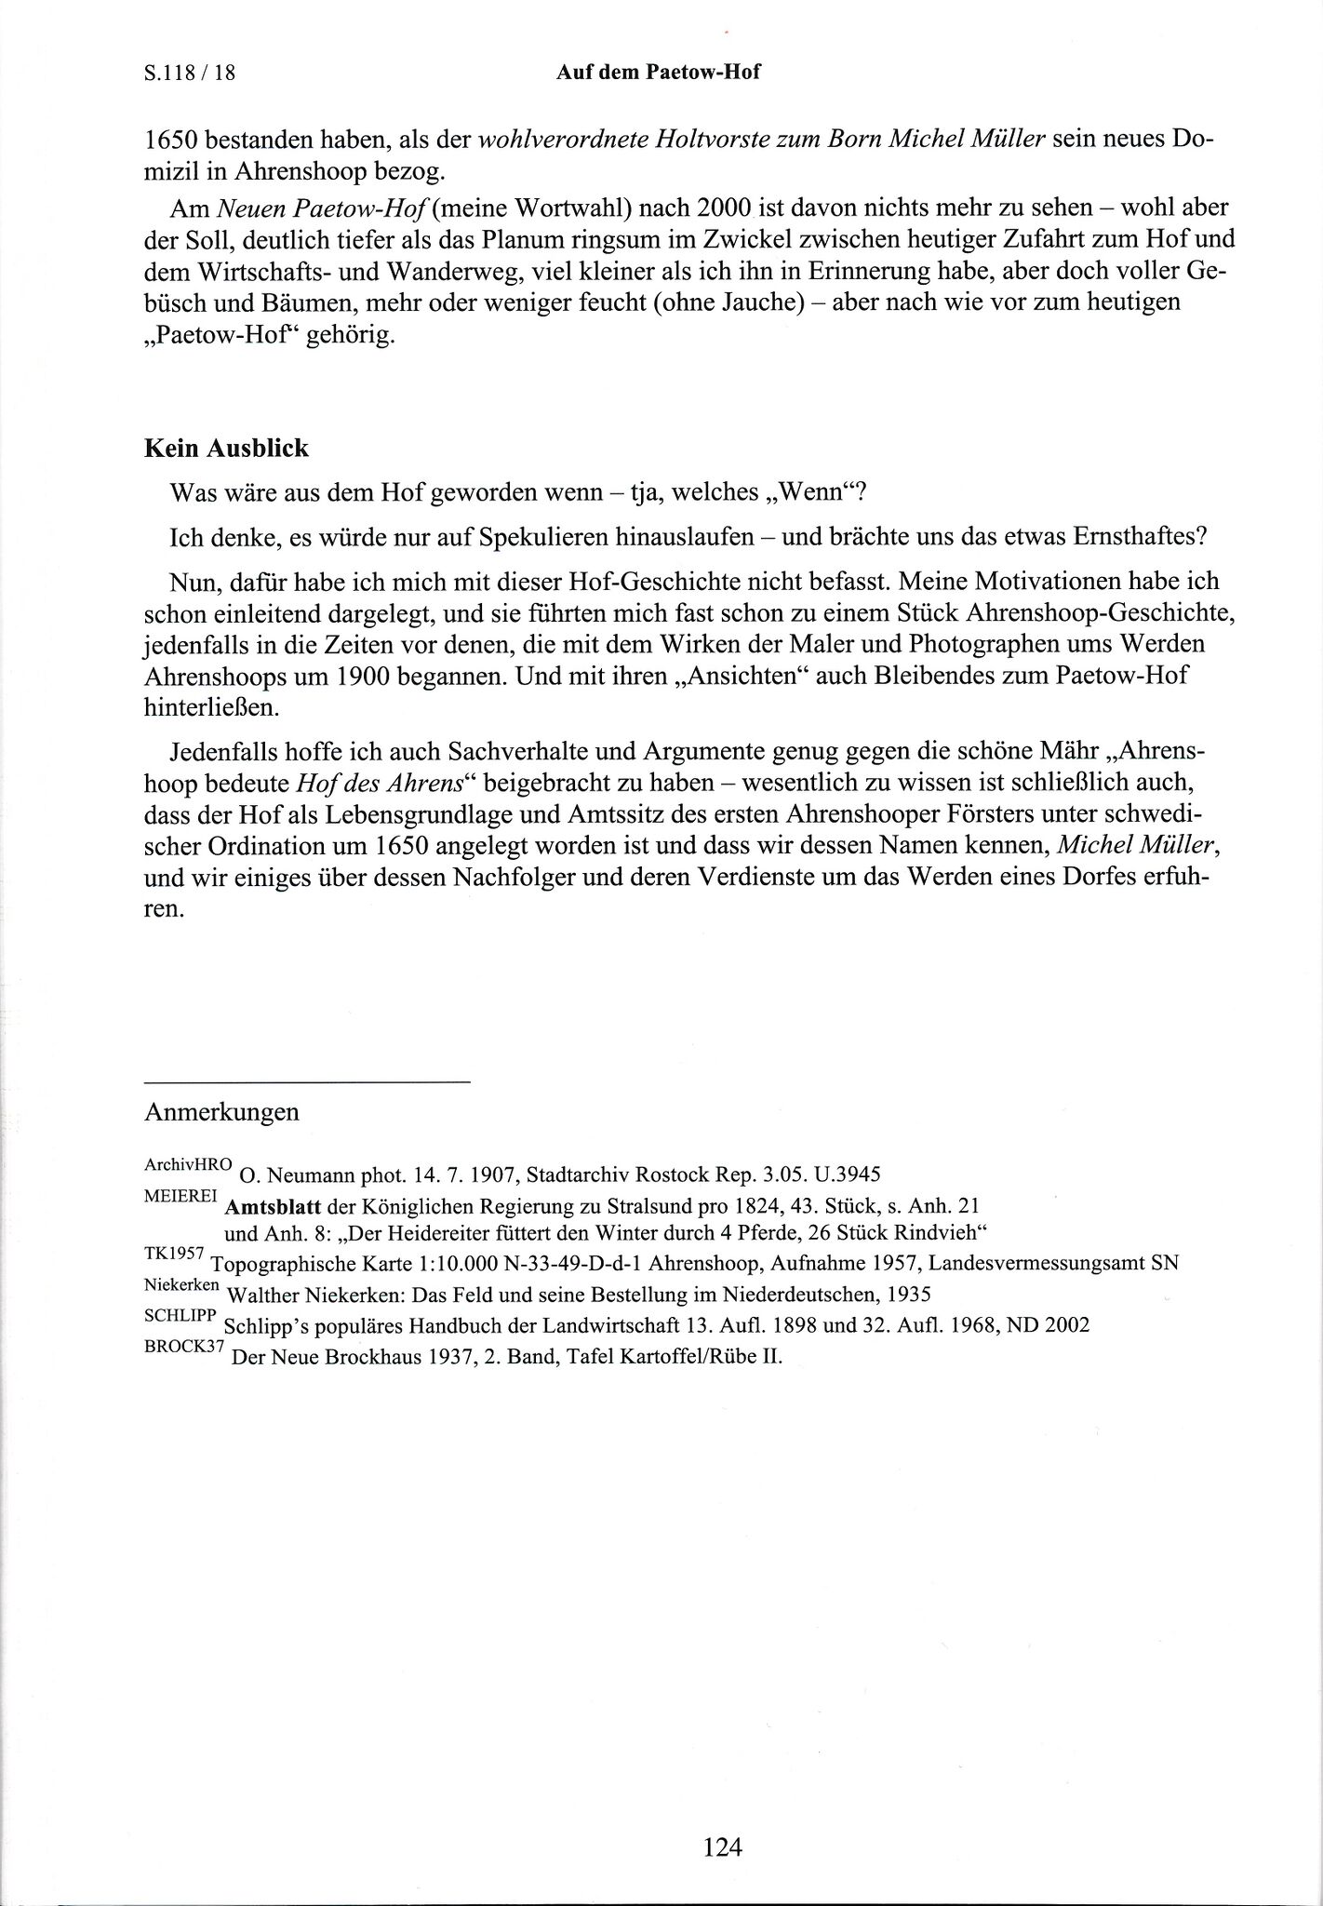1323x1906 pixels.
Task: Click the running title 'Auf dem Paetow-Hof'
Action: [658, 72]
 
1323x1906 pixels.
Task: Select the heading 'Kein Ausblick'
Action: [226, 449]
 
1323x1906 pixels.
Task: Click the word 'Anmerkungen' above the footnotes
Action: [221, 1112]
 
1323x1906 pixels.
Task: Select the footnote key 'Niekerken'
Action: [182, 1284]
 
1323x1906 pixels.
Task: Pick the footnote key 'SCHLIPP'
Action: [180, 1314]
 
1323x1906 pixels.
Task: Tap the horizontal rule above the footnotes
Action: [308, 1081]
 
